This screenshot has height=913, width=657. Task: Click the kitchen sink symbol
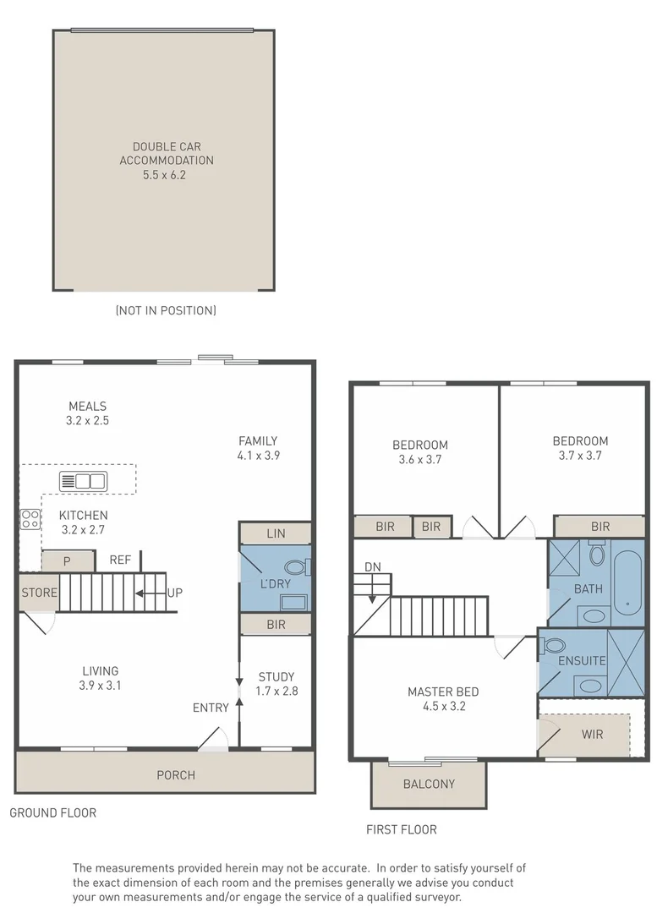(84, 481)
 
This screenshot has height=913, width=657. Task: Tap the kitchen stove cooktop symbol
(30, 519)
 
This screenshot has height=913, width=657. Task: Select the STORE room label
(40, 593)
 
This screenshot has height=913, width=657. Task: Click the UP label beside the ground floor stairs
(175, 593)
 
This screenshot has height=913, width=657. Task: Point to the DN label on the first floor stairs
(373, 567)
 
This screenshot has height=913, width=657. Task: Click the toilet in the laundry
(299, 567)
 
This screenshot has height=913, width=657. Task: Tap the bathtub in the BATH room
(628, 582)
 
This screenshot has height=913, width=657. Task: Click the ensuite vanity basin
(590, 686)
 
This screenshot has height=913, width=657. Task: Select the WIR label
(593, 735)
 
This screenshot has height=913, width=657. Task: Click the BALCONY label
(429, 785)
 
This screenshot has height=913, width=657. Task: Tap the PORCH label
(176, 775)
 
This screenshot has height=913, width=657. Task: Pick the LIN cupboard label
(276, 533)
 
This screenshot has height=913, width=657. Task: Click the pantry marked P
(68, 561)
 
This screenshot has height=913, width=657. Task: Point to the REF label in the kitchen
(121, 560)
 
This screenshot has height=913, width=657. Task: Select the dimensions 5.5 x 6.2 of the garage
(164, 175)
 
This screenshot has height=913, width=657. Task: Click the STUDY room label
(276, 677)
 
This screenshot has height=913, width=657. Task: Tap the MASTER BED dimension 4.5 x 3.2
(445, 706)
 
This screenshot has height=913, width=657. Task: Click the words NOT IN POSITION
(166, 310)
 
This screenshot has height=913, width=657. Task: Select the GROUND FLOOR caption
(53, 813)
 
